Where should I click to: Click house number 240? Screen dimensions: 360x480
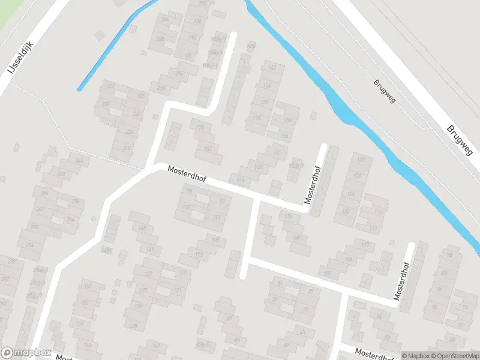pos(127,148)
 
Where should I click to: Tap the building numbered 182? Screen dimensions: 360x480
pos(208,148)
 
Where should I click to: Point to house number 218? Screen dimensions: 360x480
pos(161,88)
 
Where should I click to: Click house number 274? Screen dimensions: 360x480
pos(29,245)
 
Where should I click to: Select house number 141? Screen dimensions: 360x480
pos(151,249)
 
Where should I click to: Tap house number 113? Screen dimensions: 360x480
pos(199,254)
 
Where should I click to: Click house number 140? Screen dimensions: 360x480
pos(296,237)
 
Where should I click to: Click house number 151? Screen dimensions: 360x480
pos(88,286)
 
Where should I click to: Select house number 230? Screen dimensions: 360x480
pos(142,96)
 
